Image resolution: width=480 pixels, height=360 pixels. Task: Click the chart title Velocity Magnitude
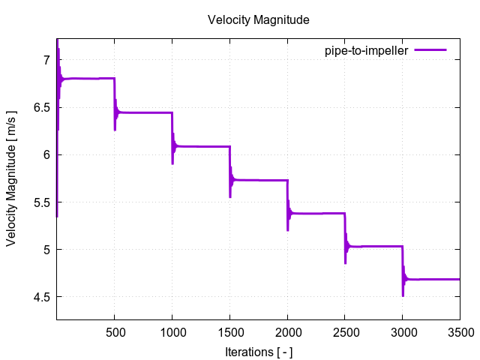tap(258, 20)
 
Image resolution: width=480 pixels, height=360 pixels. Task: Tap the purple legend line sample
tap(429, 50)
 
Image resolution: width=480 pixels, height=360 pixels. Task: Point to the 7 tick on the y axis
tap(46, 60)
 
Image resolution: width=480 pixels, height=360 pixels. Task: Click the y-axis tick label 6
tap(46, 154)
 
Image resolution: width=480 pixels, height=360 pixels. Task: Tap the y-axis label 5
tap(46, 250)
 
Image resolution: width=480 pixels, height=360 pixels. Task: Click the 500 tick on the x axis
tap(114, 331)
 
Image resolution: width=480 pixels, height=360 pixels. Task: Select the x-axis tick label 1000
tap(172, 331)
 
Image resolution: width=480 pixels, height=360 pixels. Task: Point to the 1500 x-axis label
tap(229, 331)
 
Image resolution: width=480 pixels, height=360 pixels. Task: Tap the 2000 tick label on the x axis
tap(287, 331)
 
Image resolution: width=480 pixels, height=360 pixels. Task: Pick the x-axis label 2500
tap(345, 331)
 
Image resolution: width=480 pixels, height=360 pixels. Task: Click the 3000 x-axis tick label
tap(403, 331)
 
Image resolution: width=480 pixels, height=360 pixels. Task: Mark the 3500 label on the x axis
tap(460, 331)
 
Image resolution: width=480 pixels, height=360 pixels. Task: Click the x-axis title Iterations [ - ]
tap(258, 350)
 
